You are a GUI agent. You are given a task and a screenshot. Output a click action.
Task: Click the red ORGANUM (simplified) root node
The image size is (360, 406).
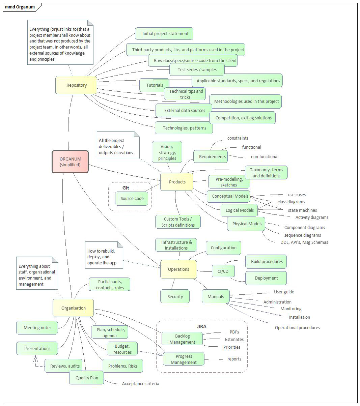point(70,162)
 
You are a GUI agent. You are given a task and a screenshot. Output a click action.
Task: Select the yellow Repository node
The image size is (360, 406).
point(76,85)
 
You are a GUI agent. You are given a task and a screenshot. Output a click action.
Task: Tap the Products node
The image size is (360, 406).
point(177,182)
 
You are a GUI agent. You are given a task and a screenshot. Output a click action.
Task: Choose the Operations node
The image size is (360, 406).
point(178,269)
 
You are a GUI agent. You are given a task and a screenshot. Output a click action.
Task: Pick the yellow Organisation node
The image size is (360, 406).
point(73,308)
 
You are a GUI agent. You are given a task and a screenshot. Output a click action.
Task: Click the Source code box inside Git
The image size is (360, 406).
point(132,199)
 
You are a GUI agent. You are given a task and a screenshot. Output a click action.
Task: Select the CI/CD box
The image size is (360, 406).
point(223,271)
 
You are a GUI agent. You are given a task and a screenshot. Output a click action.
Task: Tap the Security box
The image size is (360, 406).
point(175,296)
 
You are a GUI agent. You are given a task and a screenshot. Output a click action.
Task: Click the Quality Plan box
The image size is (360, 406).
point(87,378)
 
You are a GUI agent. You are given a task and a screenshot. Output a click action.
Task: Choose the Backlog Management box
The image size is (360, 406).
point(182,339)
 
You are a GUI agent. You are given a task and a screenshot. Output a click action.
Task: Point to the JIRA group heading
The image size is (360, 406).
point(201,326)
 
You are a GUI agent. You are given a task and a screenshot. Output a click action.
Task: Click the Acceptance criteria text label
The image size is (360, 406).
point(140,383)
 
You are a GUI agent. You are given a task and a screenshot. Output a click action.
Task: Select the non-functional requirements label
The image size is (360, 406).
point(265,156)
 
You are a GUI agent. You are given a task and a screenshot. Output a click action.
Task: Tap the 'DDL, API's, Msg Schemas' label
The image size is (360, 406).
point(304,242)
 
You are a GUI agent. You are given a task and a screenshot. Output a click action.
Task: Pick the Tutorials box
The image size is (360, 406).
point(155,85)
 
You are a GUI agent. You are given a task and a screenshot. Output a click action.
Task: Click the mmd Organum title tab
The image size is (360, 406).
point(20,7)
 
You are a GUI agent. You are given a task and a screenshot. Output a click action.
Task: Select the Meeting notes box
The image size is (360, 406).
point(37,327)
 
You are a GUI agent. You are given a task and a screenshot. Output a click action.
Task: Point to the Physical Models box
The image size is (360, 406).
point(247,224)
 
